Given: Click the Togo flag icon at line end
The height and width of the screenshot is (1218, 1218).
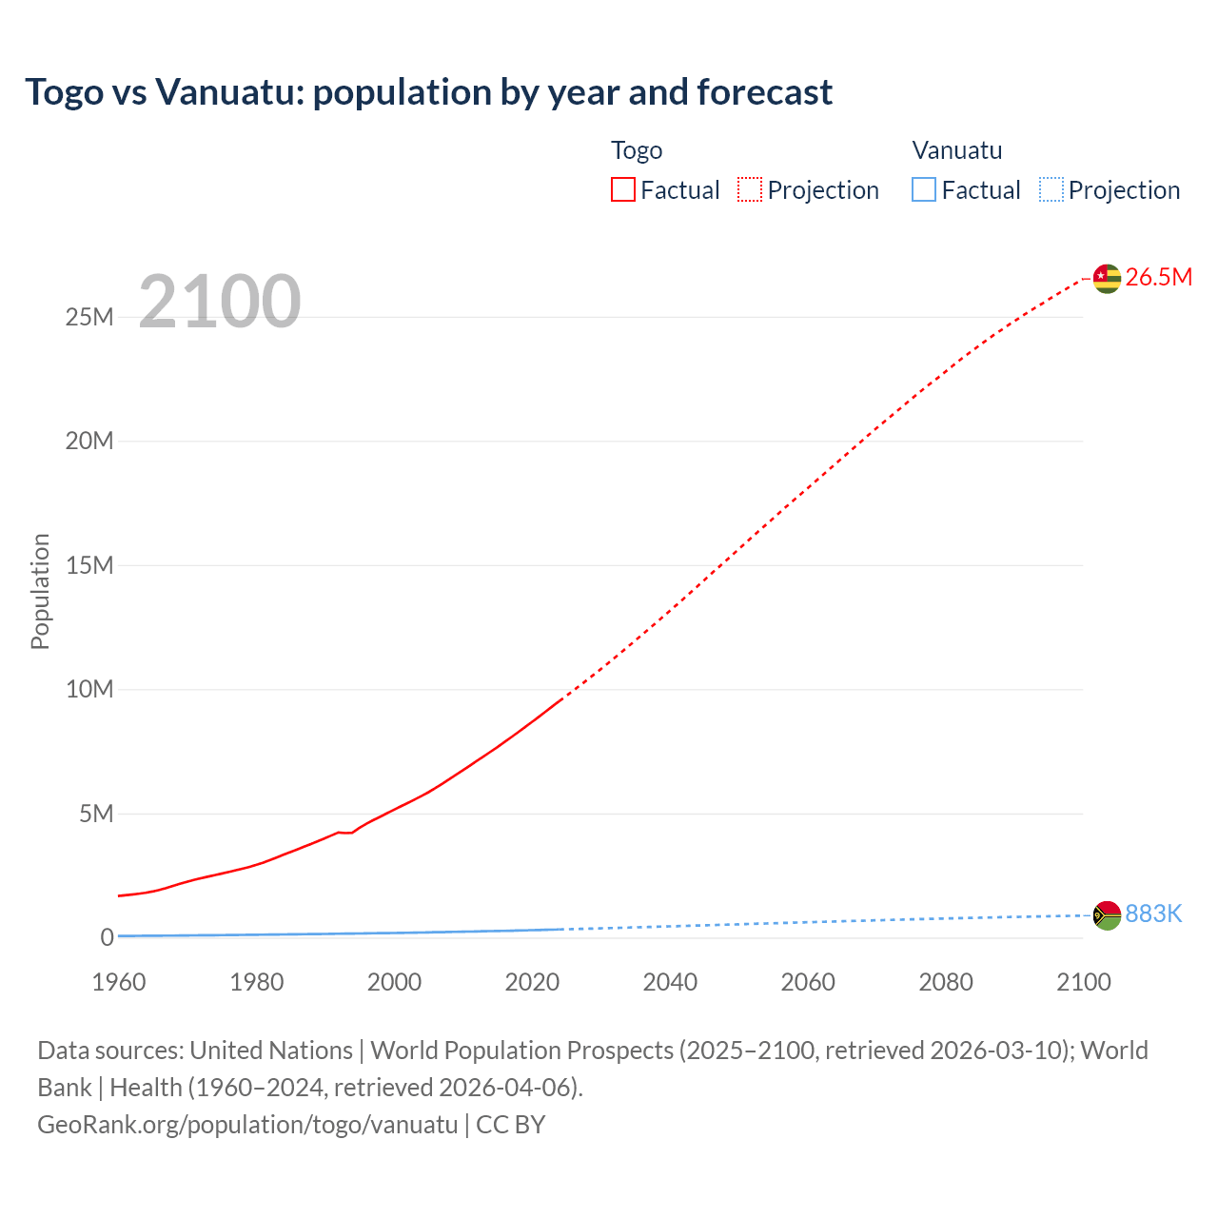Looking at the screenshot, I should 1106,278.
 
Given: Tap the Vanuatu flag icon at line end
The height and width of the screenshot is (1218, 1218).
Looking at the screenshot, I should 1106,915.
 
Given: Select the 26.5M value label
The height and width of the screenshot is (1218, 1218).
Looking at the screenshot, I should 1158,277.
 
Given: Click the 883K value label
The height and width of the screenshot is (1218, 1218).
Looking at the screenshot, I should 1153,913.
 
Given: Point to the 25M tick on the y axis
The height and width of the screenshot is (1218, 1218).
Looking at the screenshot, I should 89,317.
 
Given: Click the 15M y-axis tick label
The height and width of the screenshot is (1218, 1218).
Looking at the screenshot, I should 89,565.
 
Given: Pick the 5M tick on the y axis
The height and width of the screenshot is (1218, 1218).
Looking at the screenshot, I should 96,814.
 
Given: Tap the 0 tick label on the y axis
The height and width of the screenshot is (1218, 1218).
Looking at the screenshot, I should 107,937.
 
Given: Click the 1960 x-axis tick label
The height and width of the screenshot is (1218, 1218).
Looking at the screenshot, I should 119,982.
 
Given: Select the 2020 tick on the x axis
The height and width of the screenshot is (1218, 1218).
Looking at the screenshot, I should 532,982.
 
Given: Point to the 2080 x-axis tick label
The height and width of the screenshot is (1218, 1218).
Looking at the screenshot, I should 945,982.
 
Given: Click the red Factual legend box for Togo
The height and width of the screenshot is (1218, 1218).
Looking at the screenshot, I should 623,189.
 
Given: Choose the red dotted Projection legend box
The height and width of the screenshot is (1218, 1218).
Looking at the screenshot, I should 750,189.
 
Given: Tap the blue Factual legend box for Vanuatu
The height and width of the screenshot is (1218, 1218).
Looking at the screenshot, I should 924,189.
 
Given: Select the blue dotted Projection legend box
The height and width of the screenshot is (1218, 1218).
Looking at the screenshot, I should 1051,189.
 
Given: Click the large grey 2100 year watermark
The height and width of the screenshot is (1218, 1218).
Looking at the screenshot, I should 220,302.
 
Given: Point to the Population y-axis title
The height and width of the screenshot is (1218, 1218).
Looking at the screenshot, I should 40,591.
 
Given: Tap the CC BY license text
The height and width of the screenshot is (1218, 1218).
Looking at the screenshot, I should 511,1124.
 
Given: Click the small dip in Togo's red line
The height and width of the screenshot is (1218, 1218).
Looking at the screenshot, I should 347,833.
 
